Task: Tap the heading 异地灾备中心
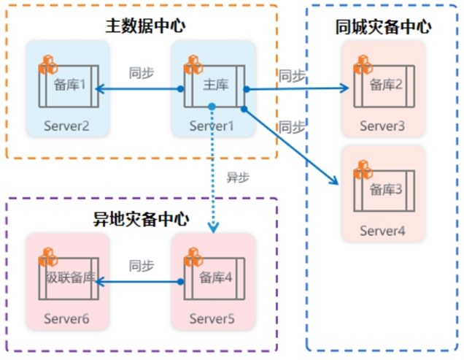pyautogui.click(x=141, y=218)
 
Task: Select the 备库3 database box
pyautogui.click(x=384, y=191)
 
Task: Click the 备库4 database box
pyautogui.click(x=216, y=278)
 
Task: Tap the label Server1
pyautogui.click(x=212, y=126)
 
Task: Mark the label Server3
pyautogui.click(x=382, y=126)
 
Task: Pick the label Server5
pyautogui.click(x=212, y=318)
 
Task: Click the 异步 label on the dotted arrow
pyautogui.click(x=239, y=177)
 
